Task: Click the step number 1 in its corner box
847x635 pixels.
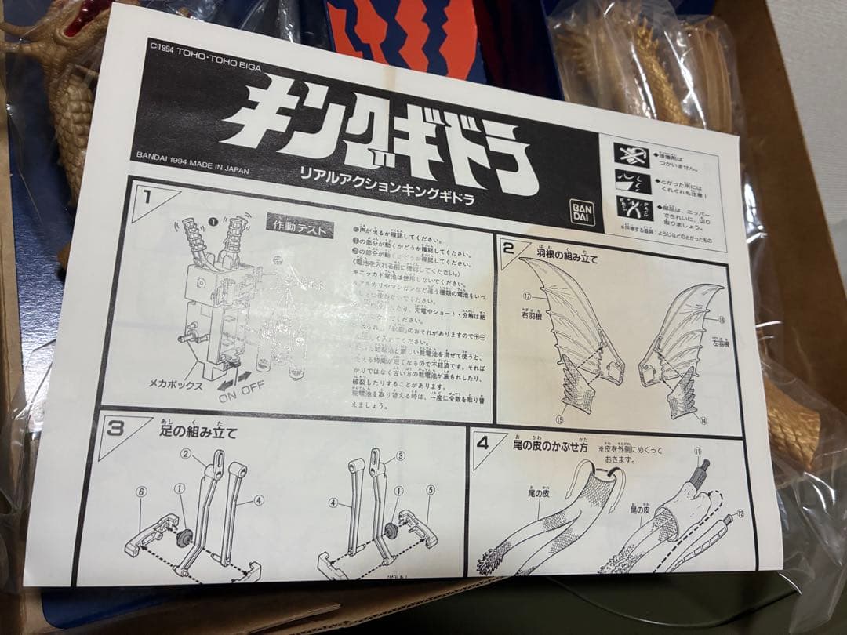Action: click(144, 196)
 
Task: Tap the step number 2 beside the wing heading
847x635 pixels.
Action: click(507, 249)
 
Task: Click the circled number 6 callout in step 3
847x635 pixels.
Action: click(140, 491)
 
